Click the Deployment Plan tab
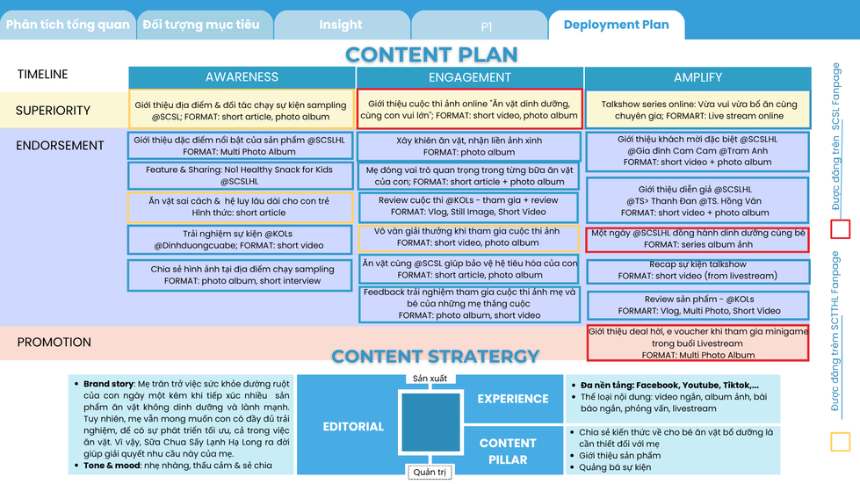coord(616,25)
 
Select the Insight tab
coord(340,25)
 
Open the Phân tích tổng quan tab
coord(68,25)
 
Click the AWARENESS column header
coord(242,77)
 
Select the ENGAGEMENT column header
coord(470,77)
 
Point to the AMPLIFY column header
coord(697,77)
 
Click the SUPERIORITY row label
coord(53,111)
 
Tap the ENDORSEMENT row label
coord(60,146)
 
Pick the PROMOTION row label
coord(54,343)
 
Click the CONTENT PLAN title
coord(431,54)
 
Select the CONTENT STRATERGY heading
coord(435,356)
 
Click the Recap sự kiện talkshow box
coord(697,270)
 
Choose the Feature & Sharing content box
coord(239,176)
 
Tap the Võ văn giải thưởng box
coord(469,237)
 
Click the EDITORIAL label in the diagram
coord(353,427)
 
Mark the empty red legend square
coord(840,230)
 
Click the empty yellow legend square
coord(840,441)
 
